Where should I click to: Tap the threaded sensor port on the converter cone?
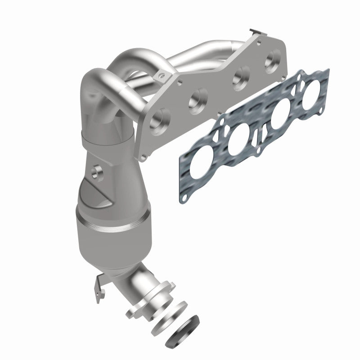pyautogui.click(x=96, y=171)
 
